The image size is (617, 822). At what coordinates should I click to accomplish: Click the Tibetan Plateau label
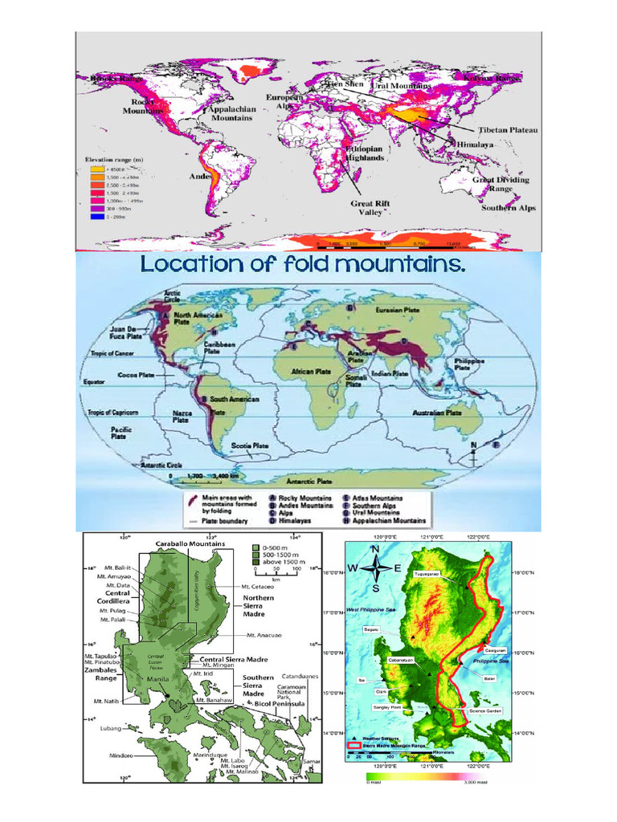click(508, 129)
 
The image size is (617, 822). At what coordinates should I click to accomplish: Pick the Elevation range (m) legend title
click(115, 159)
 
